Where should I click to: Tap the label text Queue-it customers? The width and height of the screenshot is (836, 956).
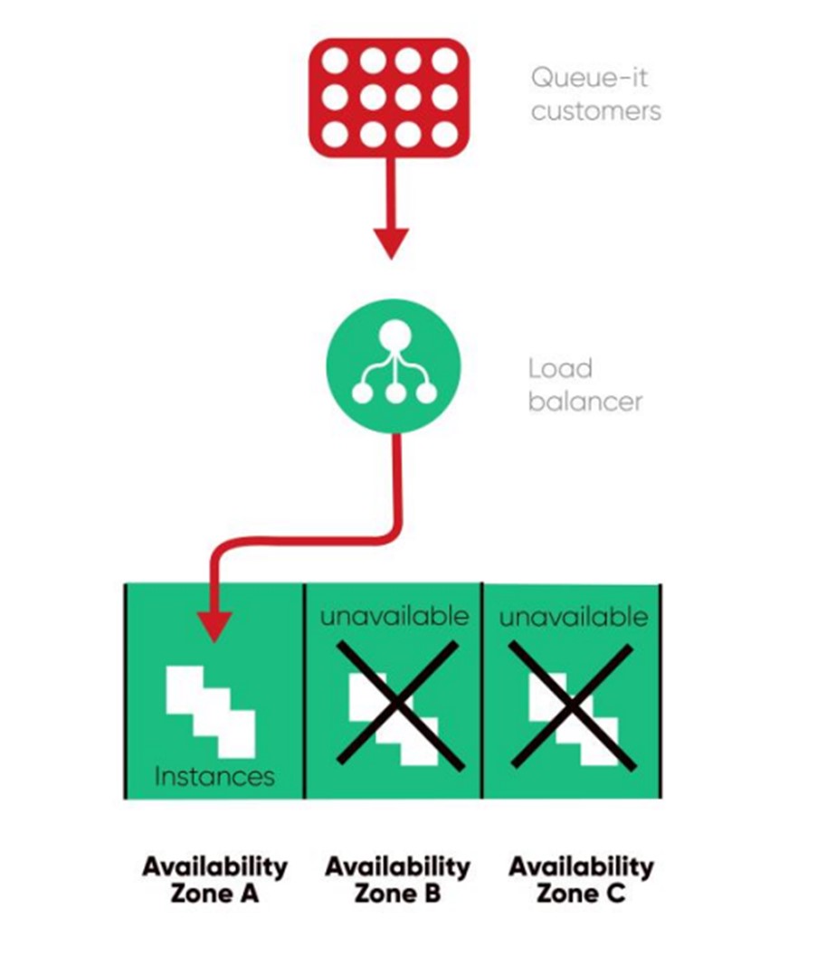pyautogui.click(x=595, y=94)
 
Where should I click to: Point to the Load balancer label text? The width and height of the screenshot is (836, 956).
pyautogui.click(x=584, y=384)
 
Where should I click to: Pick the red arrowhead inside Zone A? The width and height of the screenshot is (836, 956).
pyautogui.click(x=215, y=624)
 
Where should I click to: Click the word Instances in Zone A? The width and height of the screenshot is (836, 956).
pyautogui.click(x=214, y=776)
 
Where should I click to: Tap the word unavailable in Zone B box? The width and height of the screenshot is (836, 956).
pyautogui.click(x=394, y=617)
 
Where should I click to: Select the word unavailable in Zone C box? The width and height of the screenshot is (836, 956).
pyautogui.click(x=574, y=617)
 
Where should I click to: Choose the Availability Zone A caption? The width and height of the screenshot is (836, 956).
pyautogui.click(x=214, y=880)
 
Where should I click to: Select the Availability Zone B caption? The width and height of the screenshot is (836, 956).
pyautogui.click(x=397, y=880)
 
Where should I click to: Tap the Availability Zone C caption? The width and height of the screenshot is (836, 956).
pyautogui.click(x=580, y=880)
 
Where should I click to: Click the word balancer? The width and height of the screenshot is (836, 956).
pyautogui.click(x=584, y=401)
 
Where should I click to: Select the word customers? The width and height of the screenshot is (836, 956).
pyautogui.click(x=595, y=111)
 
